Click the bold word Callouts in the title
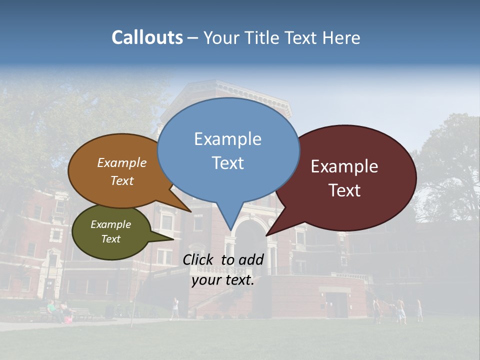coord(147,37)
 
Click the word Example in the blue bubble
coord(227,139)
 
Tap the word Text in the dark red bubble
coord(345,190)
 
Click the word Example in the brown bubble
coord(121,163)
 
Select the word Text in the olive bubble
coord(110,239)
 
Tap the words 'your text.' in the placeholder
coord(223,280)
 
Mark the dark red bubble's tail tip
coord(266,235)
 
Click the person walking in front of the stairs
coord(175,307)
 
